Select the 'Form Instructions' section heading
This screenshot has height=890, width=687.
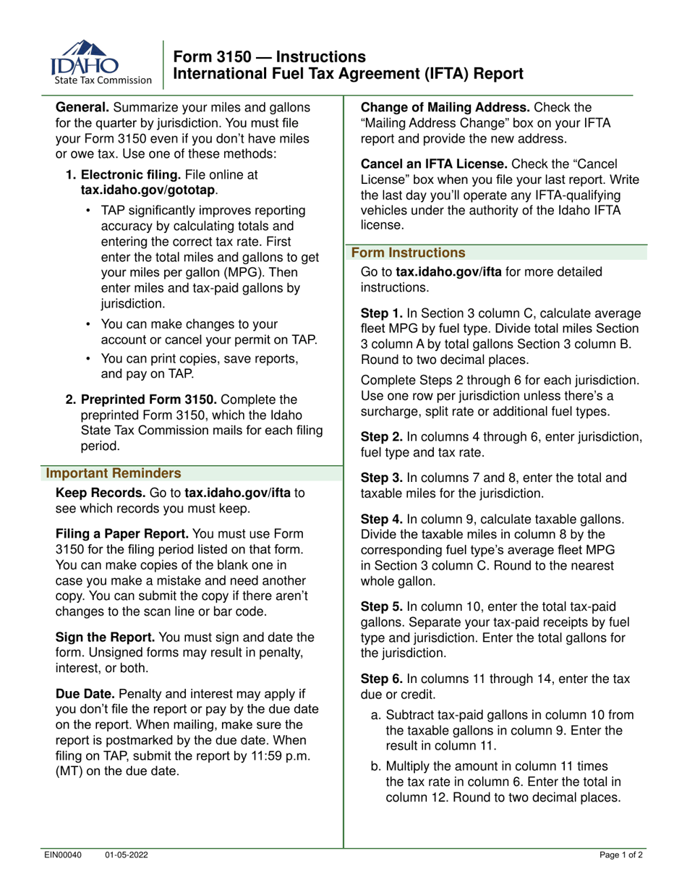408,253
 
